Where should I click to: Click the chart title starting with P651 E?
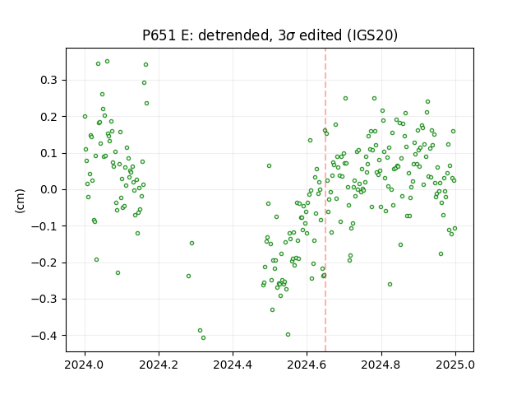(270, 35)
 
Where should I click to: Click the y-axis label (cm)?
(20, 201)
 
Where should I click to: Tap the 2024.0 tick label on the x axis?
(85, 365)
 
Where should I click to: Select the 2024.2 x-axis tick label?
(159, 365)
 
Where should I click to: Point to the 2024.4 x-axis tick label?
(233, 365)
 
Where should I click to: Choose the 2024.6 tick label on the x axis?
(307, 365)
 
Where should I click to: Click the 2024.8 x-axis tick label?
(381, 365)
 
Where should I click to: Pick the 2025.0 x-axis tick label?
(455, 365)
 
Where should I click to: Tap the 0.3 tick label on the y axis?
(48, 81)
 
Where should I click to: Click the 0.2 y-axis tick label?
(48, 117)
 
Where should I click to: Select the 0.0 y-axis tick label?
(48, 190)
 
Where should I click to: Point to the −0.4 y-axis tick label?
(44, 336)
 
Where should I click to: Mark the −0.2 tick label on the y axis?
(44, 263)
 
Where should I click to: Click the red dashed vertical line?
(325, 200)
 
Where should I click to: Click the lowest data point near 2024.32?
(203, 338)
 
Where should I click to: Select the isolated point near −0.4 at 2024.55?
(288, 335)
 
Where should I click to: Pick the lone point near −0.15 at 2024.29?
(191, 244)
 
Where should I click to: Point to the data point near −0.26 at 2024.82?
(390, 285)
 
